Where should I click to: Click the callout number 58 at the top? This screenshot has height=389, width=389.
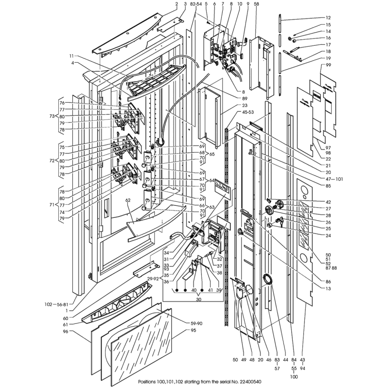tap(256, 4)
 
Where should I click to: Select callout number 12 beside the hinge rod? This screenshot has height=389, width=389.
tap(328, 18)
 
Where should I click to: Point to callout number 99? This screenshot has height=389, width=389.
tap(328, 65)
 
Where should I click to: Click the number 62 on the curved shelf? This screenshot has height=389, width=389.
tap(135, 200)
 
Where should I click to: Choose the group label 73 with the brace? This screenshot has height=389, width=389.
tap(52, 116)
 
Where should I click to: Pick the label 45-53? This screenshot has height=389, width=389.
tap(248, 112)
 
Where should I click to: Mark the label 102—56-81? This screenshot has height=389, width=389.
tap(56, 304)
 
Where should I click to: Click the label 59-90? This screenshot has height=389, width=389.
tap(196, 323)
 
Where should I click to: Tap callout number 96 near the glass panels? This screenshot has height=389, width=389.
tap(65, 331)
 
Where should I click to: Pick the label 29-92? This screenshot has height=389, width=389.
tap(153, 279)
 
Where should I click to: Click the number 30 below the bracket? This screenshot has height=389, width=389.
tap(199, 300)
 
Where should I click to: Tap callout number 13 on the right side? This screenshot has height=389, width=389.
tap(328, 288)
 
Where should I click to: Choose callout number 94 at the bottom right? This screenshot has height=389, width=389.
tap(302, 369)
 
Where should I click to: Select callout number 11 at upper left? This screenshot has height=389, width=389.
tap(71, 56)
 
